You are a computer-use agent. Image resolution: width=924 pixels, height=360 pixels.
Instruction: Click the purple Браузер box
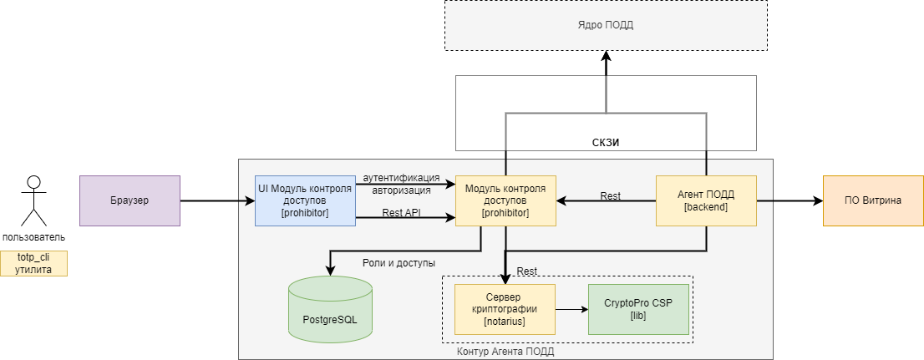tap(129, 200)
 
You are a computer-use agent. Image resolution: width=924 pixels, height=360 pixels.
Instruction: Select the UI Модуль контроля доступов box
tap(305, 200)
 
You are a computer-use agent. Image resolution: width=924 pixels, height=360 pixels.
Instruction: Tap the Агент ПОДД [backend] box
tap(706, 200)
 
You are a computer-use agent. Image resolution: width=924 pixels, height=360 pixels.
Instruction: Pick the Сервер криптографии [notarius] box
tap(505, 309)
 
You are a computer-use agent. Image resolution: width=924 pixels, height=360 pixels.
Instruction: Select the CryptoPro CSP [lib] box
tap(638, 309)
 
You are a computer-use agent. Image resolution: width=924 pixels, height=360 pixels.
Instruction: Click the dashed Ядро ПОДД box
tap(605, 25)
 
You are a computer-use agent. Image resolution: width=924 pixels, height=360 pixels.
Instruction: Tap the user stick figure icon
tap(33, 200)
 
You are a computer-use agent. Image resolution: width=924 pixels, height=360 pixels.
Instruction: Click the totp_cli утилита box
tap(33, 263)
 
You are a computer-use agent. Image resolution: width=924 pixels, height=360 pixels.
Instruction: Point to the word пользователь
tap(33, 237)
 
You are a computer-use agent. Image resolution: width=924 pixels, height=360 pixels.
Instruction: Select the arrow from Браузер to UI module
tap(217, 200)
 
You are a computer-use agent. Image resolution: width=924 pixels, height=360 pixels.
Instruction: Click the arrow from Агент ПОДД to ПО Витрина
tap(789, 200)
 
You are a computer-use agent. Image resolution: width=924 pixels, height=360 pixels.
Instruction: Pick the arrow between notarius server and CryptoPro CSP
tap(571, 309)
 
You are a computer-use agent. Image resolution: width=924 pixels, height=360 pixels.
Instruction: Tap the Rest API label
tap(401, 213)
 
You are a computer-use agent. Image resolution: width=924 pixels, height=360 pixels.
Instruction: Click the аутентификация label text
tap(401, 178)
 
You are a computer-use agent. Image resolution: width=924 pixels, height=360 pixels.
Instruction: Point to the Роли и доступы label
tap(399, 262)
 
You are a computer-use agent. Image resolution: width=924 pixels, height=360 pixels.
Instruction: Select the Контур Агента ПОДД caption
tap(505, 352)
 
